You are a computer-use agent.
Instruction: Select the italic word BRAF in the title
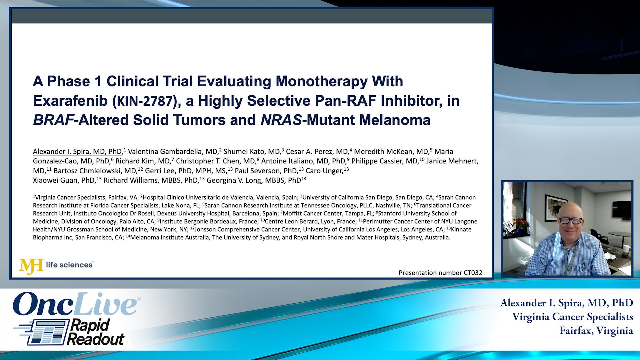[x=53, y=120]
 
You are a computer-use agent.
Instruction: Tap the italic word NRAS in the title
[x=281, y=120]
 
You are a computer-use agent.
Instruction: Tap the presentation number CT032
[x=440, y=273]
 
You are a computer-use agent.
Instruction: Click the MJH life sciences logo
[x=56, y=266]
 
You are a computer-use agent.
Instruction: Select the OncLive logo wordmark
[x=75, y=304]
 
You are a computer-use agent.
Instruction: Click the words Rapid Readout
[x=95, y=332]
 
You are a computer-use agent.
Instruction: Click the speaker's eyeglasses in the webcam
[x=571, y=220]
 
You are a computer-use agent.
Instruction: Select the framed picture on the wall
[x=556, y=207]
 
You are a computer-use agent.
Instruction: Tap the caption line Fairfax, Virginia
[x=596, y=331]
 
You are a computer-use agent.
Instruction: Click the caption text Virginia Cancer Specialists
[x=573, y=317]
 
